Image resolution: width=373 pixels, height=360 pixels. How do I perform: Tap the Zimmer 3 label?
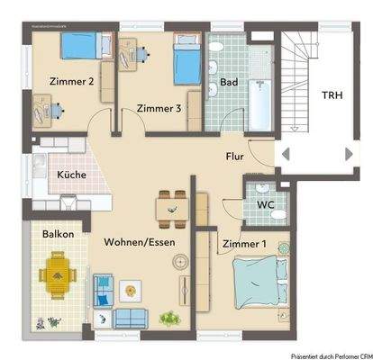159,109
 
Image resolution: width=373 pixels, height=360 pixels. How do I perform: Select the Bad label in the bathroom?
230,84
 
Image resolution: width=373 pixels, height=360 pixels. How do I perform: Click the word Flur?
234,157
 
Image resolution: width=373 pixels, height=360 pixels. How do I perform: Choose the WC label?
265,204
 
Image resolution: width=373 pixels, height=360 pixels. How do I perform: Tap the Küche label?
71,175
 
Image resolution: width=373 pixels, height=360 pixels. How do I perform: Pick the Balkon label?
58,234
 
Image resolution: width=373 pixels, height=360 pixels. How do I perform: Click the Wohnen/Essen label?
139,242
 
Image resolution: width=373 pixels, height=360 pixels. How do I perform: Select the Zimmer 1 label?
243,244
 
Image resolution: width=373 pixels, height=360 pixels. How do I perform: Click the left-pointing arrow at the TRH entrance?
285,154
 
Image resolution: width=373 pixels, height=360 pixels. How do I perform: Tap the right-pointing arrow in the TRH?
349,154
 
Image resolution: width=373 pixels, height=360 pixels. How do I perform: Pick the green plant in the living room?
168,317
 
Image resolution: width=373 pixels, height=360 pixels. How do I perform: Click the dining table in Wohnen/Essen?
170,208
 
